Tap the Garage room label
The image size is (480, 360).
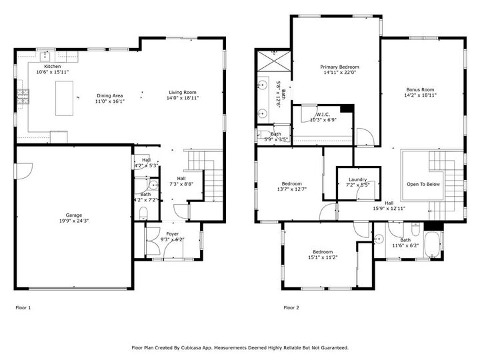click(73, 215)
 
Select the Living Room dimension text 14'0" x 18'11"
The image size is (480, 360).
click(183, 98)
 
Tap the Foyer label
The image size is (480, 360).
click(173, 233)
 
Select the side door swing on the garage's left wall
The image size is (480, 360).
click(21, 171)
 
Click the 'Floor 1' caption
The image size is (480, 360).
click(23, 308)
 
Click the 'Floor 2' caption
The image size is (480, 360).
click(291, 308)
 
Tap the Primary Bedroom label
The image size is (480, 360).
click(339, 67)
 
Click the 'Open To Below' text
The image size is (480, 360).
click(423, 185)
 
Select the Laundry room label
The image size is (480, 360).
click(357, 179)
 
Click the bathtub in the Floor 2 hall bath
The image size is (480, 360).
click(433, 245)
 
